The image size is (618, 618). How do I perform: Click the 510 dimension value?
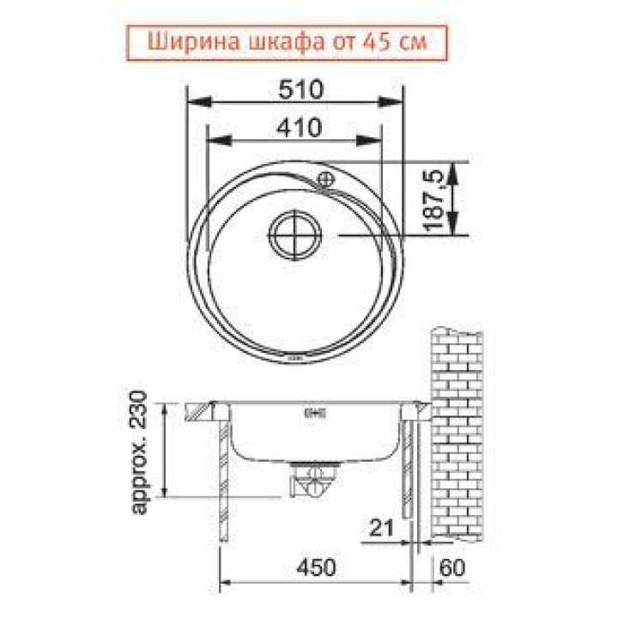(300, 89)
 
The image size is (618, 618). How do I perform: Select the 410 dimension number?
(300, 128)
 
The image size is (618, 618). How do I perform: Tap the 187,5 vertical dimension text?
(434, 200)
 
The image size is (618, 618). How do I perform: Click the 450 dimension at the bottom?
(316, 567)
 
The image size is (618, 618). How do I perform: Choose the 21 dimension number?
(381, 528)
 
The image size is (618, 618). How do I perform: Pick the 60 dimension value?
(452, 568)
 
